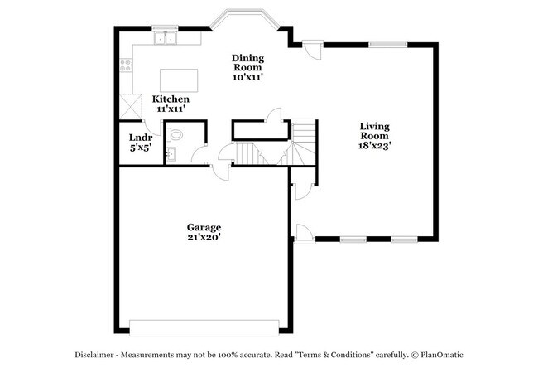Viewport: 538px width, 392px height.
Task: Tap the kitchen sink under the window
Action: pos(166,37)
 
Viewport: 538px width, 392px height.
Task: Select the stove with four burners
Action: pos(126,64)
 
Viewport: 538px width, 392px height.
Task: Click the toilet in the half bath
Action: pos(175,134)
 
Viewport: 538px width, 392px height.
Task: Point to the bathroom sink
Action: pos(169,152)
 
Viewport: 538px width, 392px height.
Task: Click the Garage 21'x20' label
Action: pos(203,231)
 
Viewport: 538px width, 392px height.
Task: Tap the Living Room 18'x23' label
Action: pos(374,135)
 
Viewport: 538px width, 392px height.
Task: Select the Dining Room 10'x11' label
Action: pos(247,66)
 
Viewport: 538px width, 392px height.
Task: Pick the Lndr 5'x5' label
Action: pos(140,142)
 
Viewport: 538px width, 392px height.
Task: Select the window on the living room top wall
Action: pos(386,44)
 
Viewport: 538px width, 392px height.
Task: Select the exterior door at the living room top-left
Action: pos(310,50)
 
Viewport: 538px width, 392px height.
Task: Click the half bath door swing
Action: pos(199,155)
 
